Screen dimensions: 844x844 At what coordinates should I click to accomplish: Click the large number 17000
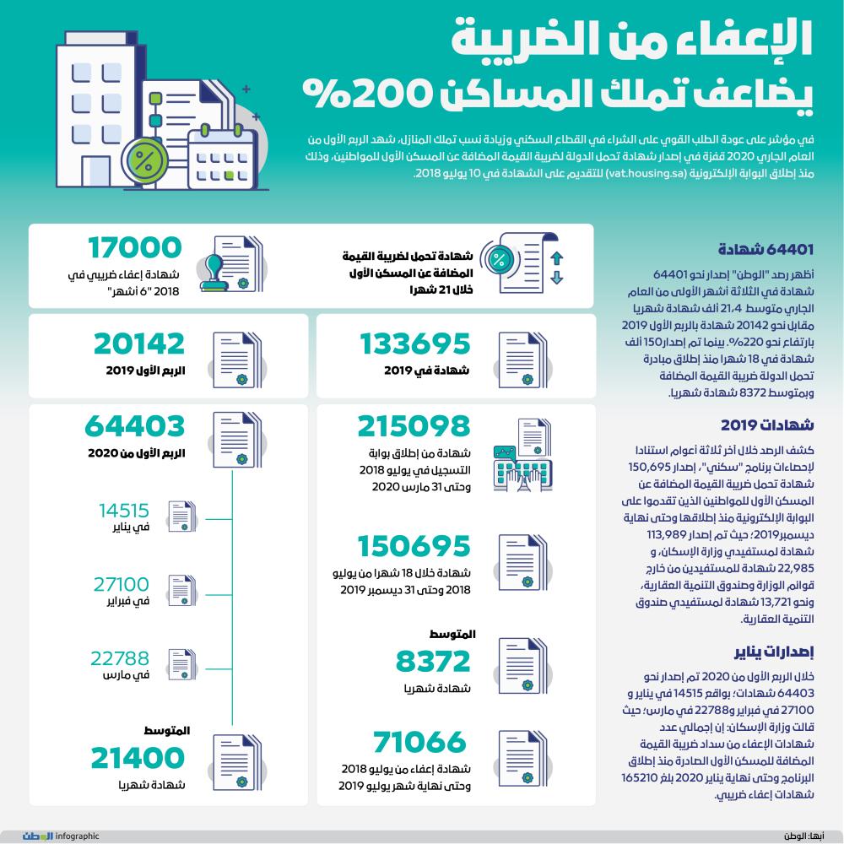pyautogui.click(x=135, y=250)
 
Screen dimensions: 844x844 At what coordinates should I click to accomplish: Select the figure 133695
pyautogui.click(x=414, y=344)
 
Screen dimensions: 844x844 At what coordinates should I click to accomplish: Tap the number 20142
pyautogui.click(x=139, y=344)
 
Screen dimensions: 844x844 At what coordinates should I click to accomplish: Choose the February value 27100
pyautogui.click(x=124, y=584)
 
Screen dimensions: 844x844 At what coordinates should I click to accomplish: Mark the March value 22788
pyautogui.click(x=124, y=658)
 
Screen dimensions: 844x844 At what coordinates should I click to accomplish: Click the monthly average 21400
pyautogui.click(x=138, y=758)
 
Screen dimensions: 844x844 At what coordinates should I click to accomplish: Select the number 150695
pyautogui.click(x=414, y=547)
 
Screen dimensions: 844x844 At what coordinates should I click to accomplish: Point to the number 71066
pyautogui.click(x=419, y=743)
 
